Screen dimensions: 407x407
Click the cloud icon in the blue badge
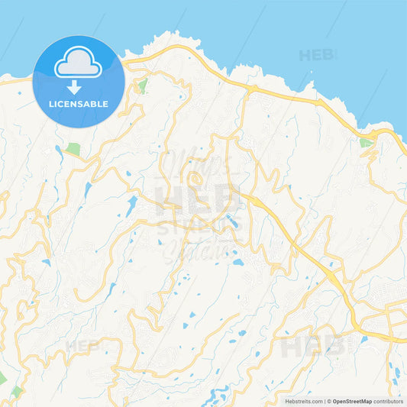coord(78,63)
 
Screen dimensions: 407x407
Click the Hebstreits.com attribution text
coord(304,401)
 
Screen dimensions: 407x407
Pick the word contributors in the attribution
coord(389,401)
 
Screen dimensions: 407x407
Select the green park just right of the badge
coord(142,86)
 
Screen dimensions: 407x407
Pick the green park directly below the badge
coord(73,148)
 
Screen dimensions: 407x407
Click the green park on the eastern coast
coord(366,142)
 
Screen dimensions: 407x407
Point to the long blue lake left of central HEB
coord(132,205)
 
